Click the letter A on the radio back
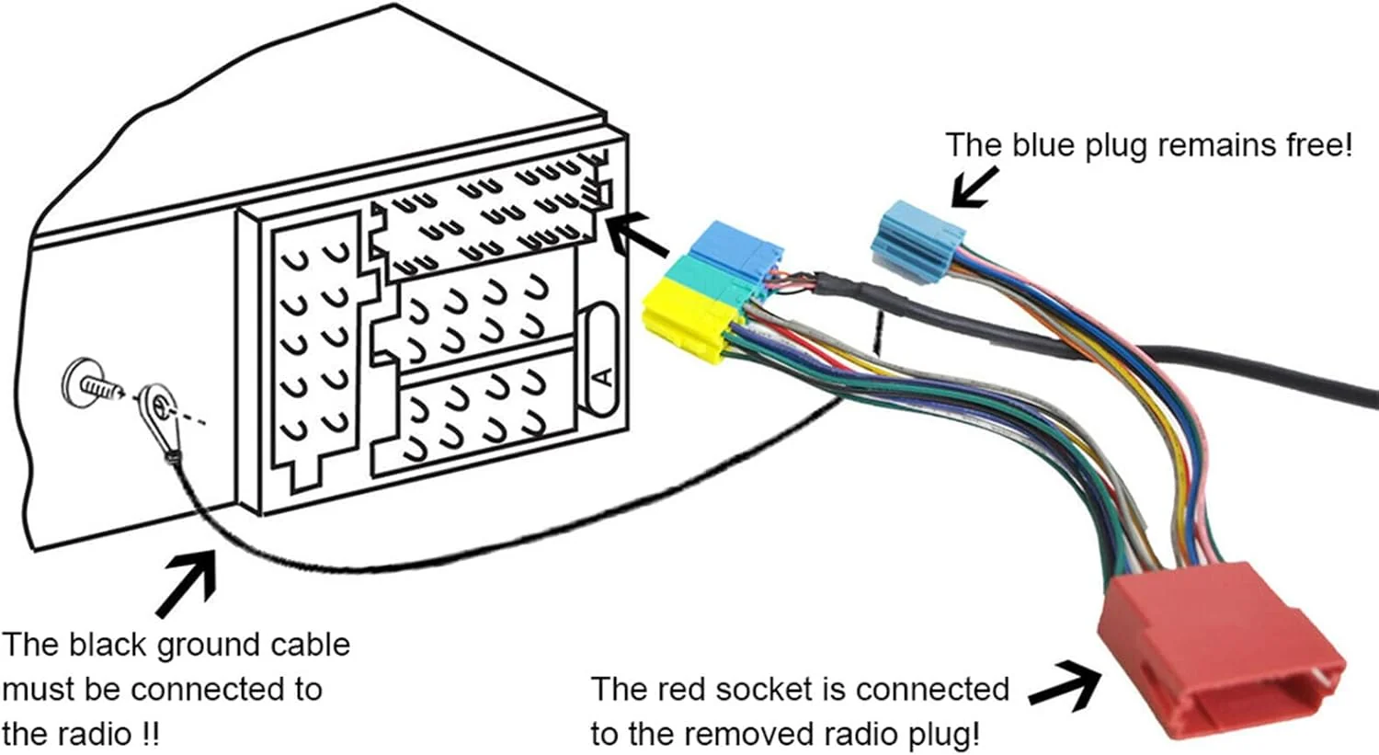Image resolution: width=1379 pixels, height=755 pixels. tap(602, 376)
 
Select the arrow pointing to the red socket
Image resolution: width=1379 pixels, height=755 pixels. tap(1065, 685)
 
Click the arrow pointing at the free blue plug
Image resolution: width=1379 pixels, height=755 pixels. tap(974, 187)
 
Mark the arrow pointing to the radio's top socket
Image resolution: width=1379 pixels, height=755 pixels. tap(639, 235)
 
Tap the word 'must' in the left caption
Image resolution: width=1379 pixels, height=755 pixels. tap(38, 690)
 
